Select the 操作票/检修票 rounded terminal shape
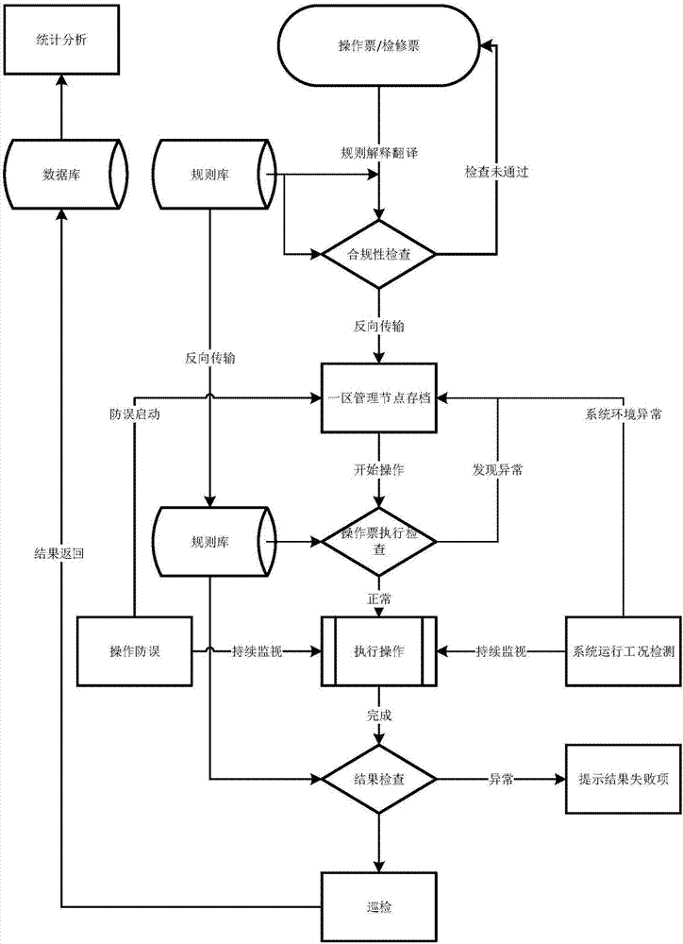[379, 45]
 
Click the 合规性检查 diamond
[379, 254]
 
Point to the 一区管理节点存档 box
[379, 397]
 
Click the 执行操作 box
[379, 650]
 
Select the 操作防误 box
[135, 650]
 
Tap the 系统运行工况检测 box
[623, 650]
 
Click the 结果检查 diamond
[379, 780]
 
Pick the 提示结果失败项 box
[623, 780]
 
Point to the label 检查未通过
[493, 174]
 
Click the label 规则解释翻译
[379, 152]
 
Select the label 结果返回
[59, 554]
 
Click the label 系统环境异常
[623, 414]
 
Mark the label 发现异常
[497, 469]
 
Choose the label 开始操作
[379, 469]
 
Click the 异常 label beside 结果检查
[500, 780]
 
